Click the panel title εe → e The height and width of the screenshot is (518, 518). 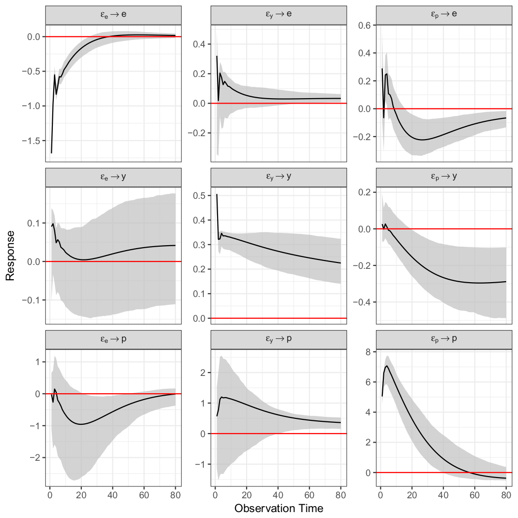point(113,14)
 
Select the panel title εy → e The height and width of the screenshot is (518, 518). point(279,14)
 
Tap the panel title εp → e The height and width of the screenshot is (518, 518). point(444,14)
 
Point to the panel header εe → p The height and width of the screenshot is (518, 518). point(113,340)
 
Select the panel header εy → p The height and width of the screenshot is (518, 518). point(279,340)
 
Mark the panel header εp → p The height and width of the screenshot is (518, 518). point(444,340)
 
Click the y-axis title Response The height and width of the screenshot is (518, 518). point(10,256)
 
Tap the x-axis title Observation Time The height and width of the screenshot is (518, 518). point(279,508)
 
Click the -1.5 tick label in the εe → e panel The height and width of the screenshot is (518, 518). point(31,141)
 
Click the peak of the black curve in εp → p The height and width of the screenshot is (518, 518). point(386,366)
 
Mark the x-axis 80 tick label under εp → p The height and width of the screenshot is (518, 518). point(506,493)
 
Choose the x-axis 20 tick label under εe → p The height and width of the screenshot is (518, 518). point(81,493)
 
